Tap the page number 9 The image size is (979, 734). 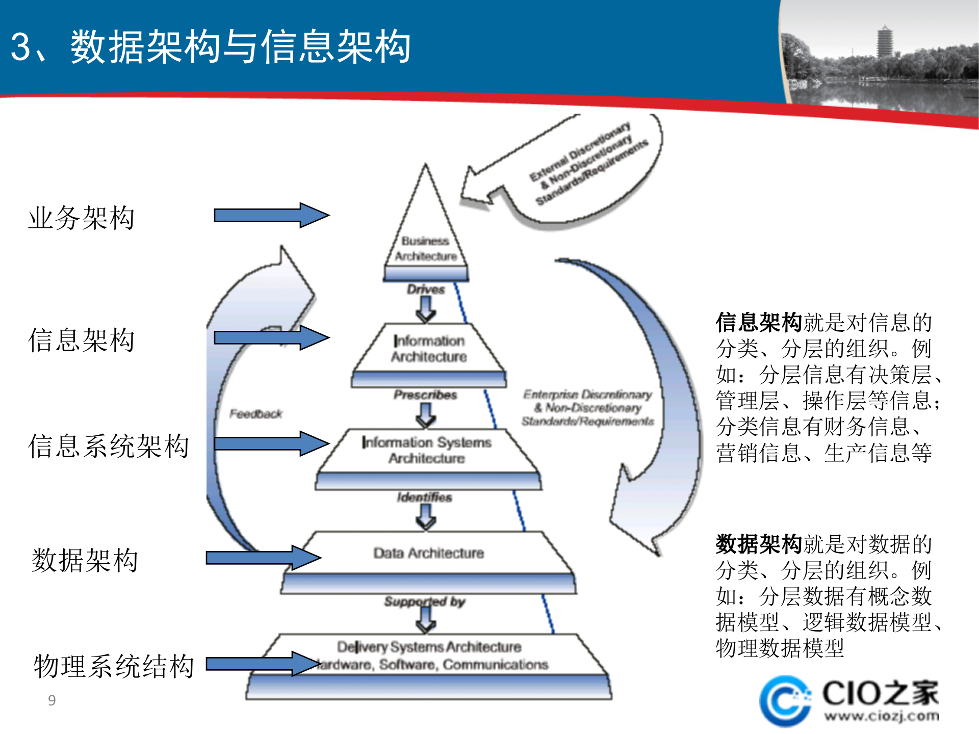tap(51, 700)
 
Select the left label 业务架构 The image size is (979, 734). tap(82, 218)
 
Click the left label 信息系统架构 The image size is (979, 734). tap(109, 446)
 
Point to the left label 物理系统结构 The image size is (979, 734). tap(114, 666)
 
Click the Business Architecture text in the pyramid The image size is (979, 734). tap(426, 249)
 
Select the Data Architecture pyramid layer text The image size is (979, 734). tap(428, 553)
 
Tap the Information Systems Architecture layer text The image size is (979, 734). tap(427, 450)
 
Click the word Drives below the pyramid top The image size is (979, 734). tap(426, 290)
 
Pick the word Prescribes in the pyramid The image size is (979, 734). tap(425, 395)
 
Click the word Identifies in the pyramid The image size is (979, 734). tap(425, 497)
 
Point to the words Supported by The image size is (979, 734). tap(425, 602)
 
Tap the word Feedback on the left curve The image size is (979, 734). tap(255, 414)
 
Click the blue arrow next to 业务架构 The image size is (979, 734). tap(271, 215)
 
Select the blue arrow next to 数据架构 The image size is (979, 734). tap(263, 558)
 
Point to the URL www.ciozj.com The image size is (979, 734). tap(882, 716)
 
